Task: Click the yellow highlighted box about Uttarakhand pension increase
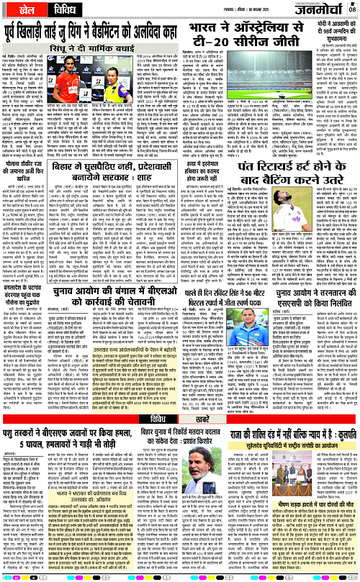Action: coord(167,391)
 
